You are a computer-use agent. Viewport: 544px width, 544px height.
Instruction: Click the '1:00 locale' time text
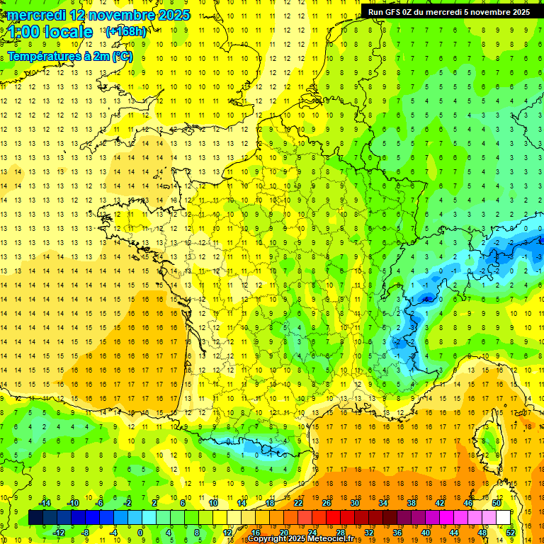(51, 32)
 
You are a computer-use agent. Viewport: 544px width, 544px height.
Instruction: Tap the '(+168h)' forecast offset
(125, 31)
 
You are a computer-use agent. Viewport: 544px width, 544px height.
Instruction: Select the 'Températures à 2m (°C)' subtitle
(69, 55)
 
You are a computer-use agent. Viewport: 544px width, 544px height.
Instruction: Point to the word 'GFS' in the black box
(395, 12)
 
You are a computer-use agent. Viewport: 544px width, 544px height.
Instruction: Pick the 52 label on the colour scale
(510, 533)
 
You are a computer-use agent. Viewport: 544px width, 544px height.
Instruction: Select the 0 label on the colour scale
(140, 533)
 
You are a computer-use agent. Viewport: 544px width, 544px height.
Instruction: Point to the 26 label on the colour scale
(327, 503)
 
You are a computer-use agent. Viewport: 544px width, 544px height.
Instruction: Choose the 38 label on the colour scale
(412, 503)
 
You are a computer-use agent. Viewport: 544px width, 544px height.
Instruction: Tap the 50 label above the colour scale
(497, 503)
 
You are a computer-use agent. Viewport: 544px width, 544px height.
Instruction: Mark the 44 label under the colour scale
(454, 533)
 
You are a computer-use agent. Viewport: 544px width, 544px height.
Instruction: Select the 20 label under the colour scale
(283, 533)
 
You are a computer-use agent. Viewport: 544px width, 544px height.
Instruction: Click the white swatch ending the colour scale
(504, 518)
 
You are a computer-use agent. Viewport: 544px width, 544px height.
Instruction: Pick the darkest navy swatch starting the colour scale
(35, 518)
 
